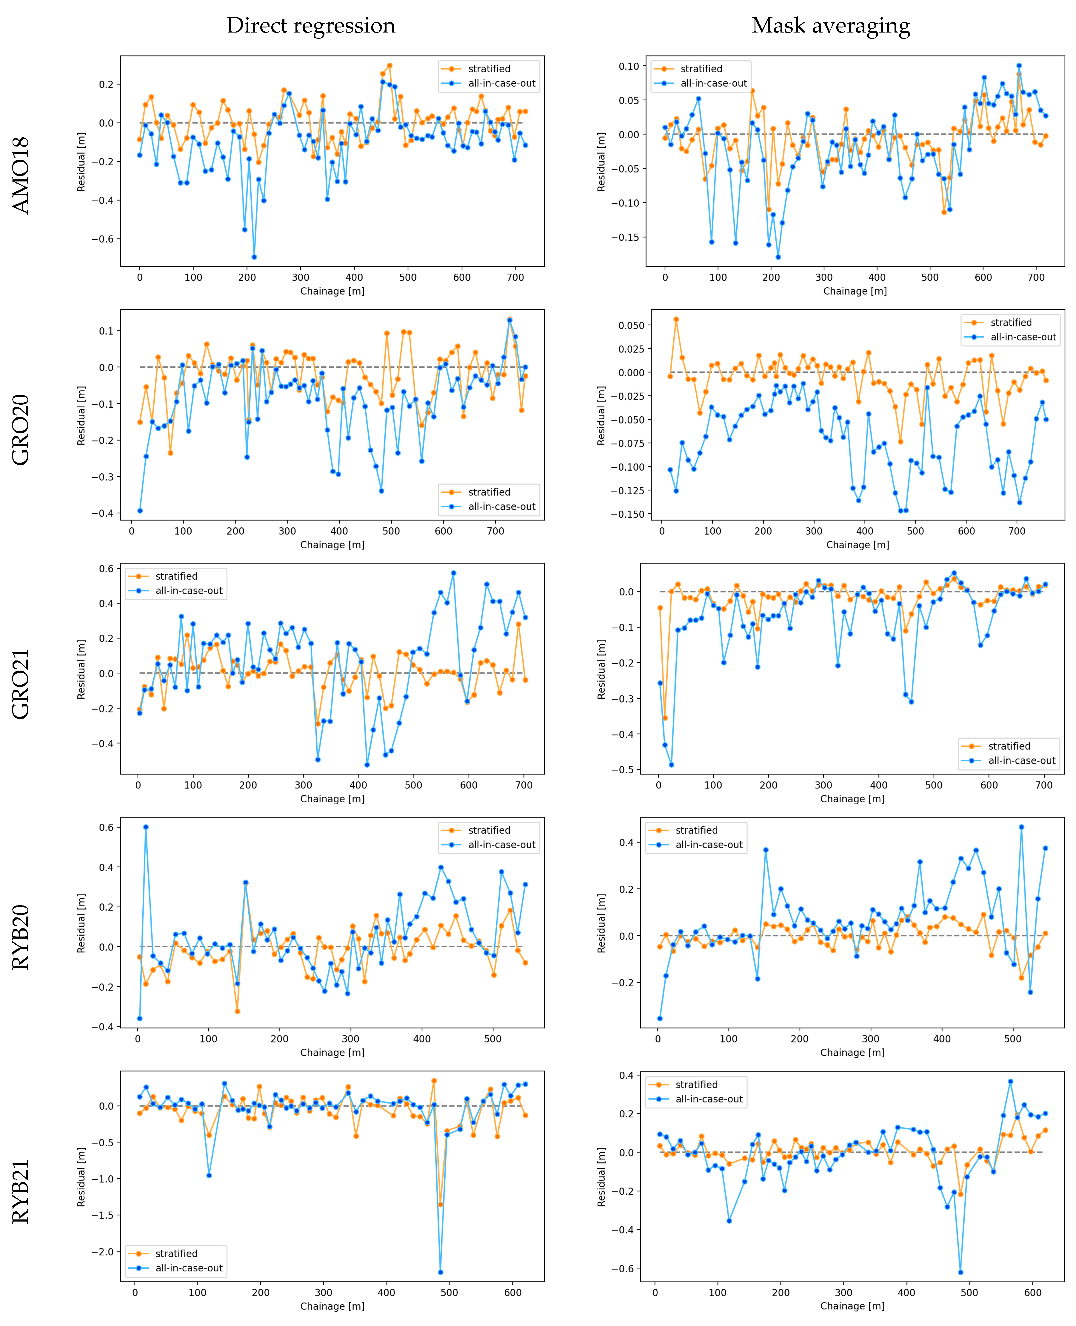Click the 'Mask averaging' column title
[831, 25]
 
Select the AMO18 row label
[21, 175]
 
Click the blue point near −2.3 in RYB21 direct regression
[441, 1272]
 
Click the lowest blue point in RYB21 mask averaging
[961, 1272]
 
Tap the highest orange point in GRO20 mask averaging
[676, 319]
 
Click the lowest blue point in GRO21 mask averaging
[671, 765]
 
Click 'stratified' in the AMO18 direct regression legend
[489, 69]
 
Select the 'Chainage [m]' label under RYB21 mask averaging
[852, 1305]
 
